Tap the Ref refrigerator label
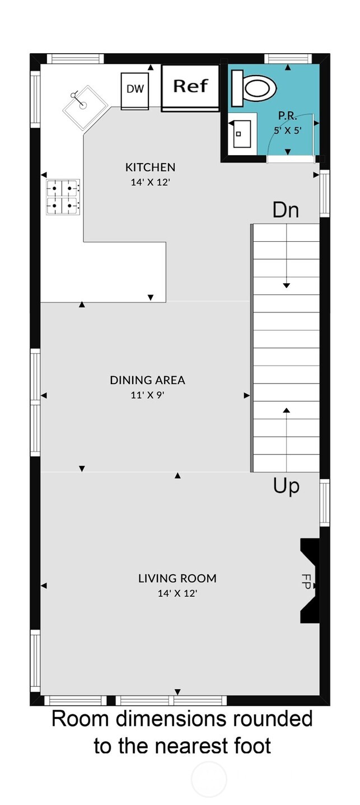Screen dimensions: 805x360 tap(190, 86)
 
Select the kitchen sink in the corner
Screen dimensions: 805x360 tap(84, 106)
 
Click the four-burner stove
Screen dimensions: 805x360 tap(63, 197)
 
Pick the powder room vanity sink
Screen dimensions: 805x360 tap(242, 134)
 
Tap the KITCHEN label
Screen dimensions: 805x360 tap(150, 167)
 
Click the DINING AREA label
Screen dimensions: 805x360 tap(147, 380)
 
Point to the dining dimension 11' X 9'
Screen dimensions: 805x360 tap(147, 395)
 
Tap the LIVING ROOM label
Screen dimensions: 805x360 tap(177, 578)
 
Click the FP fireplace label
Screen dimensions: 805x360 tap(306, 579)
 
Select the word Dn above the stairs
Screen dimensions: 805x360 tap(286, 210)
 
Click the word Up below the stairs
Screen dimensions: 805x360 tap(286, 486)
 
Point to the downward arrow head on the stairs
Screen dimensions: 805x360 tap(287, 286)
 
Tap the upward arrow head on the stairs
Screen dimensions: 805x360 tap(287, 410)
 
